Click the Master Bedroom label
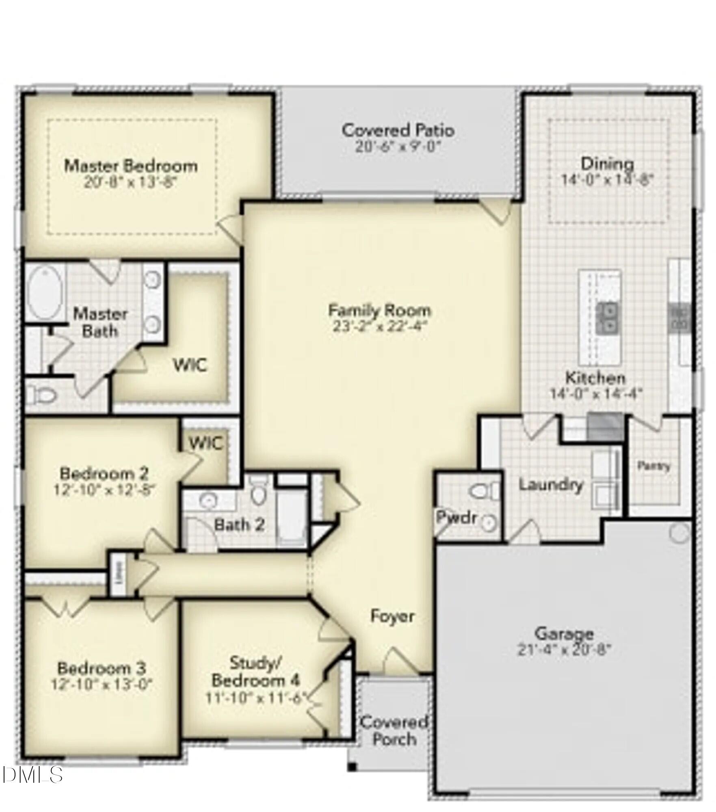(x=131, y=166)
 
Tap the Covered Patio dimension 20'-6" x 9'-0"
(x=398, y=147)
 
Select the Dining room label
(x=607, y=164)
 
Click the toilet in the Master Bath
(x=41, y=394)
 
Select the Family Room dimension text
(x=379, y=326)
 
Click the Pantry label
(x=653, y=466)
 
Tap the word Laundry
(x=551, y=484)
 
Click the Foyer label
(x=392, y=616)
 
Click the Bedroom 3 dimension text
(x=102, y=685)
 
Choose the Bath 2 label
(x=239, y=525)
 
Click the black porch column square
(x=352, y=767)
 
